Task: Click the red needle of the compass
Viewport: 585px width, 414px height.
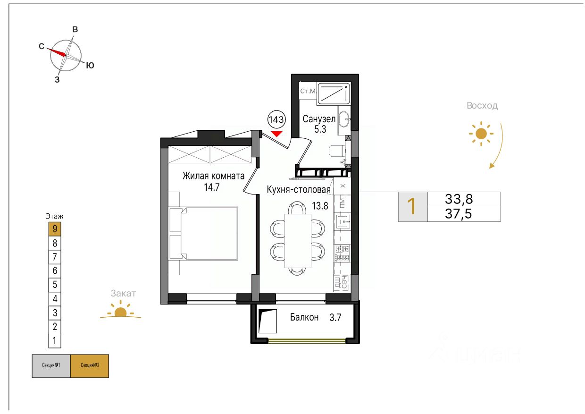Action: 57,52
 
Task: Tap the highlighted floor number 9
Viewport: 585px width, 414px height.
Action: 55,229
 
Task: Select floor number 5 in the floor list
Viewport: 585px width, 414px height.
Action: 55,285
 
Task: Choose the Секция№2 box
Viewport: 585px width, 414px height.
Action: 90,366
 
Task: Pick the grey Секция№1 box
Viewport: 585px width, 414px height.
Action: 51,366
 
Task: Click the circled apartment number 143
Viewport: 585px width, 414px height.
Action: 276,120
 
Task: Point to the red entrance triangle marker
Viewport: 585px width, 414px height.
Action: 276,134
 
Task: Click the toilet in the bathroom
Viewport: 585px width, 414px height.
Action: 337,151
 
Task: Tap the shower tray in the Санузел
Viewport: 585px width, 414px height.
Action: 334,93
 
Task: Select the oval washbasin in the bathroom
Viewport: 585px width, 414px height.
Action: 343,119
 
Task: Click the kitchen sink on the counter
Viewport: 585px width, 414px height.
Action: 343,222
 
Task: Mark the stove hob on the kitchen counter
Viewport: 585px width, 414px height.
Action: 343,253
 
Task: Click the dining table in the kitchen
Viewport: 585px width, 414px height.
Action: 298,241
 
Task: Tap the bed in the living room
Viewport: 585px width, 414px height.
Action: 204,233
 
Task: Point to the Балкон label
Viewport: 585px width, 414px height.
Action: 304,317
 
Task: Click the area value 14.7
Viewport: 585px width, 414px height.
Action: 212,187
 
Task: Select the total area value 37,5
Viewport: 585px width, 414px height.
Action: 459,214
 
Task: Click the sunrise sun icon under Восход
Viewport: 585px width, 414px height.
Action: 481,134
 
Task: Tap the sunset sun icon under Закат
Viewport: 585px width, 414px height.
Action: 120,310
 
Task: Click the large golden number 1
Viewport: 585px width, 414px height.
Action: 411,206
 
